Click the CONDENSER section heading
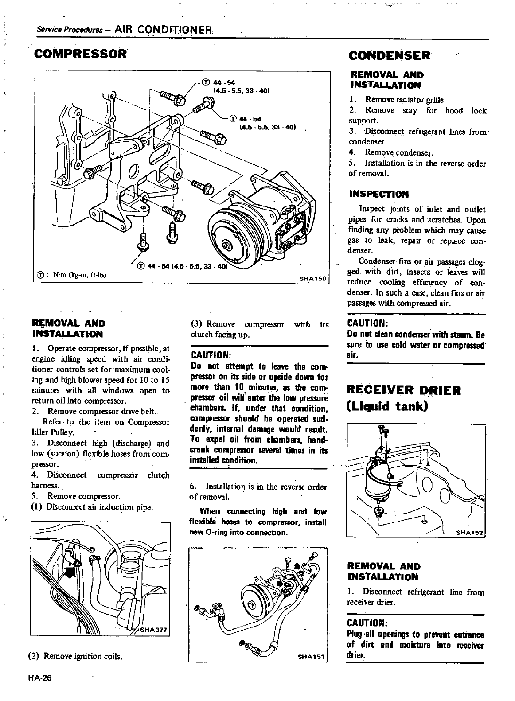(389, 55)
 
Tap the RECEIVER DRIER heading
(403, 390)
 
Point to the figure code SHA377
(152, 632)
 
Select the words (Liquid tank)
(388, 406)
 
